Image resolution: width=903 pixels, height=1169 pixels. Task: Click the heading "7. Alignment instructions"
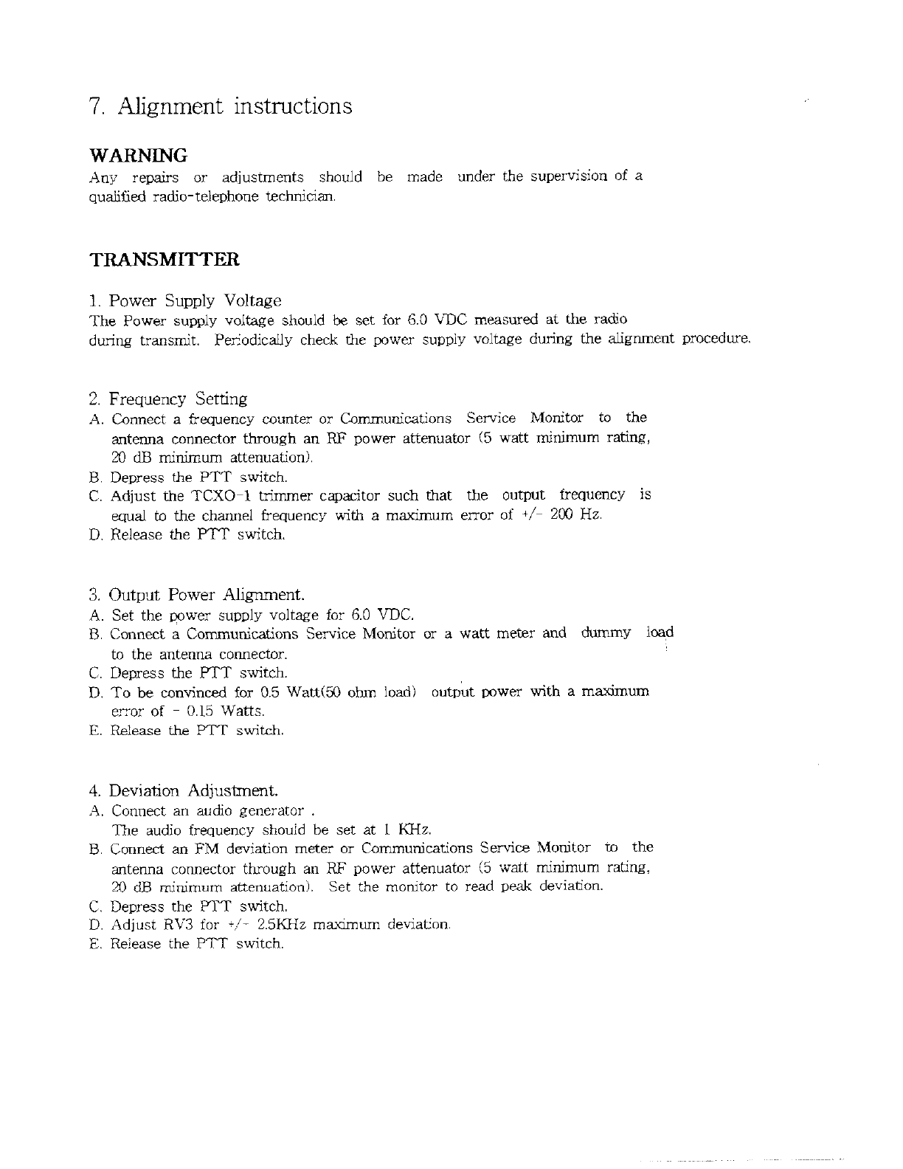(x=220, y=107)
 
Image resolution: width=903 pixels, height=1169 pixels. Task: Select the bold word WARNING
(x=138, y=156)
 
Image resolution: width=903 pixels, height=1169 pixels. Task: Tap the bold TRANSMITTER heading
(x=164, y=260)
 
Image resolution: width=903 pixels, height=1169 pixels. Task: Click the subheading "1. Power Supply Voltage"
(x=184, y=301)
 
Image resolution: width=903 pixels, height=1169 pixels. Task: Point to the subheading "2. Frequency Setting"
(x=167, y=399)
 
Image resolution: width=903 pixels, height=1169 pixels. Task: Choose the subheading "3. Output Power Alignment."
(x=196, y=595)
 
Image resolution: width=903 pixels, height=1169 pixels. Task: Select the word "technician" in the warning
(x=306, y=196)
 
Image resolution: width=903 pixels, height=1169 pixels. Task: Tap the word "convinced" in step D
(x=194, y=692)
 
